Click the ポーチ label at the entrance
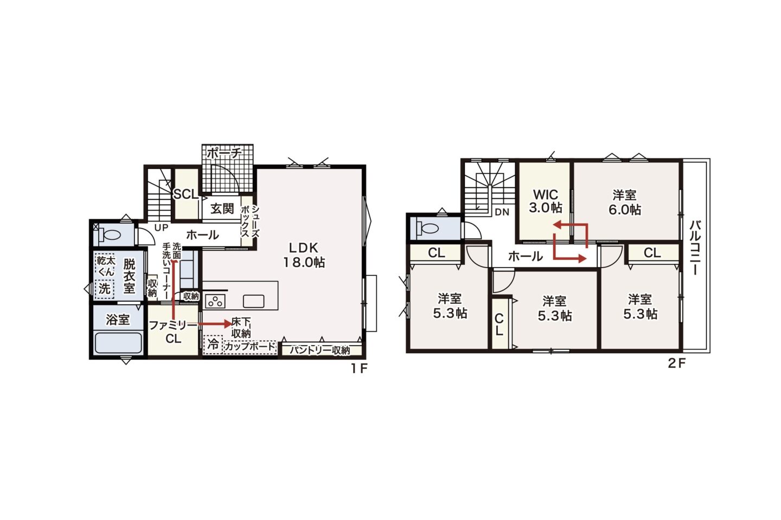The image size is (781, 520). [x=224, y=153]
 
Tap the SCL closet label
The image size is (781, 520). [x=186, y=194]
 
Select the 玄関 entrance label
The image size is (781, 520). [x=222, y=209]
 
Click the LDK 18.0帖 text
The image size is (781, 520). [x=304, y=255]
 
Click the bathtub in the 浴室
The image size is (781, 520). [x=119, y=344]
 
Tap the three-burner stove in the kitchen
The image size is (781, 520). [x=215, y=301]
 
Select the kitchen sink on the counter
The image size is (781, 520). [x=253, y=301]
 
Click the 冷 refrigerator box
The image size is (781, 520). [x=213, y=344]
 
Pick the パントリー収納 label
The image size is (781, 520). [x=320, y=350]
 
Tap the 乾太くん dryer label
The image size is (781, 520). [x=105, y=266]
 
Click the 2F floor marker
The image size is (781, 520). [x=677, y=363]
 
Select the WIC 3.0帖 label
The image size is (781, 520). [x=546, y=201]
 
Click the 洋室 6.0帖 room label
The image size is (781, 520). [x=625, y=203]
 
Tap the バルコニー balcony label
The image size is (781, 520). [x=696, y=248]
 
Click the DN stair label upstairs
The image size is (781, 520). [x=502, y=212]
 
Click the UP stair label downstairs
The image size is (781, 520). [x=161, y=228]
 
